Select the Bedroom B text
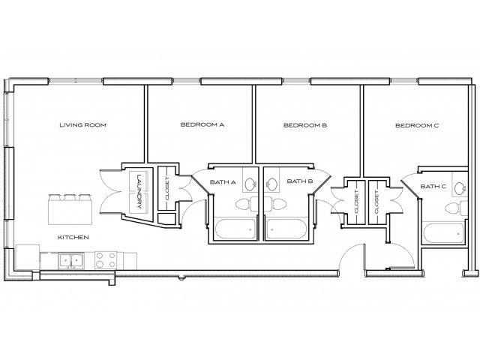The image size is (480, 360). [x=304, y=125]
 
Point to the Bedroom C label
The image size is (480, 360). [x=416, y=125]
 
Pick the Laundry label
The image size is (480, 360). [x=140, y=192]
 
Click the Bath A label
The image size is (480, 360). [x=223, y=181]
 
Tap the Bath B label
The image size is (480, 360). [x=300, y=181]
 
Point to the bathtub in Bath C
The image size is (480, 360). [x=442, y=232]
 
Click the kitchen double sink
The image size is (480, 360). [x=72, y=261]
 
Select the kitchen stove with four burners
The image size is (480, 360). [x=105, y=260]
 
